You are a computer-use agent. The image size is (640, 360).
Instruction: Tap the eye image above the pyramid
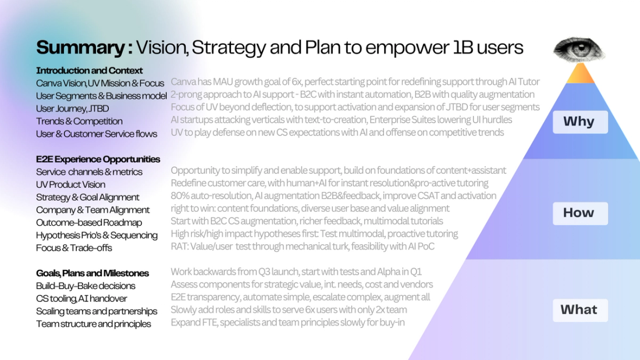coord(579,50)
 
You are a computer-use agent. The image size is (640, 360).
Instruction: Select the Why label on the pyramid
coord(579,122)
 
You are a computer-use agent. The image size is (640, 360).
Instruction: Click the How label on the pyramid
coord(579,213)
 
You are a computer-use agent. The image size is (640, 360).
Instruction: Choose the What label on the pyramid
coord(579,309)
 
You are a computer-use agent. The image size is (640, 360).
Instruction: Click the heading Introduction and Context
coord(89,70)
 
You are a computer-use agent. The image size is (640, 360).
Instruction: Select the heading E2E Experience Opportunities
coord(98,159)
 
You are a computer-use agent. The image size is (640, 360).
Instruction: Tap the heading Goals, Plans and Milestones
coord(93,273)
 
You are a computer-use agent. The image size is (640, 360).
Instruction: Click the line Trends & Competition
coord(79,121)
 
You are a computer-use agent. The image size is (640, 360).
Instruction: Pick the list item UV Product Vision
coord(70,184)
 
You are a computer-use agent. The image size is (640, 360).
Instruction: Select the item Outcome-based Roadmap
coord(88,222)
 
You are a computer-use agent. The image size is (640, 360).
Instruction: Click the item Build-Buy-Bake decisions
coord(86,286)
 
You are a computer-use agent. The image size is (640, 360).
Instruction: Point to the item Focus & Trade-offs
coord(74,248)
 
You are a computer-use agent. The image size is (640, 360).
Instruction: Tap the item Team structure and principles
coord(93,324)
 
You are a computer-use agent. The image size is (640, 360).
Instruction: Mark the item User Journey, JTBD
coord(72,108)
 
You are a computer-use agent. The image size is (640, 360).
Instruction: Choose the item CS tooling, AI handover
coord(81,298)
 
